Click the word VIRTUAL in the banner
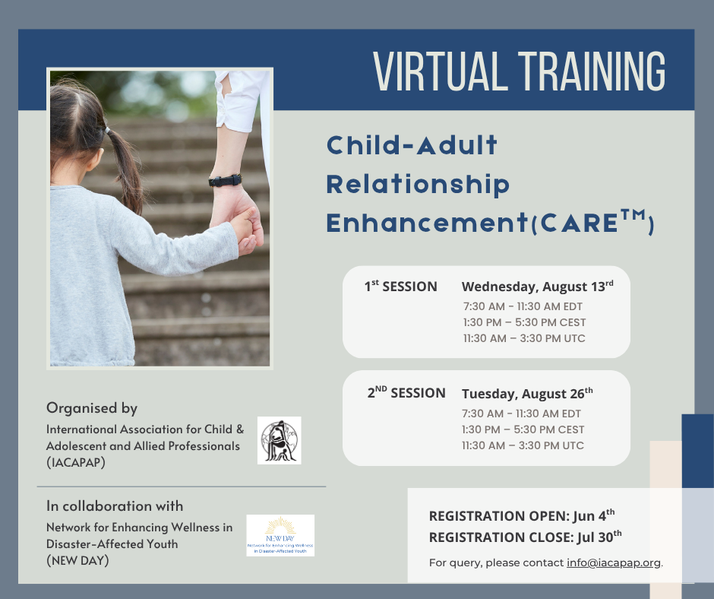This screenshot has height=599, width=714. [441, 71]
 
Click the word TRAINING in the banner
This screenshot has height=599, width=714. [592, 71]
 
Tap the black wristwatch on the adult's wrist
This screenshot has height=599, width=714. [225, 180]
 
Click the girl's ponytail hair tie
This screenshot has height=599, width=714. [107, 131]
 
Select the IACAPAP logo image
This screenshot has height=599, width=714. [279, 440]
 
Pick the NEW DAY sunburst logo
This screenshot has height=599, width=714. [280, 535]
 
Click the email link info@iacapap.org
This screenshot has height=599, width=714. [614, 563]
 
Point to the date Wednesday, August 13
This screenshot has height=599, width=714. [537, 287]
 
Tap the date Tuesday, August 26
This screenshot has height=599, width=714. [527, 394]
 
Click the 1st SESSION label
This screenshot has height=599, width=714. [401, 287]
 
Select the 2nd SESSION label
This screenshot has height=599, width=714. [406, 392]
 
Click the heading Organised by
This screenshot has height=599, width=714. [92, 408]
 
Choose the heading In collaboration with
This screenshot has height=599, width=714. [115, 506]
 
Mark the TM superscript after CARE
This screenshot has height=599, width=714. [633, 215]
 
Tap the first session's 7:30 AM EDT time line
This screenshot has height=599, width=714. [523, 306]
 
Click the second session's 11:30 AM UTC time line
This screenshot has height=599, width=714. [523, 445]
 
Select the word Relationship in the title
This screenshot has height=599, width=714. [418, 185]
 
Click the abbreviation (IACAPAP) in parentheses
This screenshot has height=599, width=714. [76, 462]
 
